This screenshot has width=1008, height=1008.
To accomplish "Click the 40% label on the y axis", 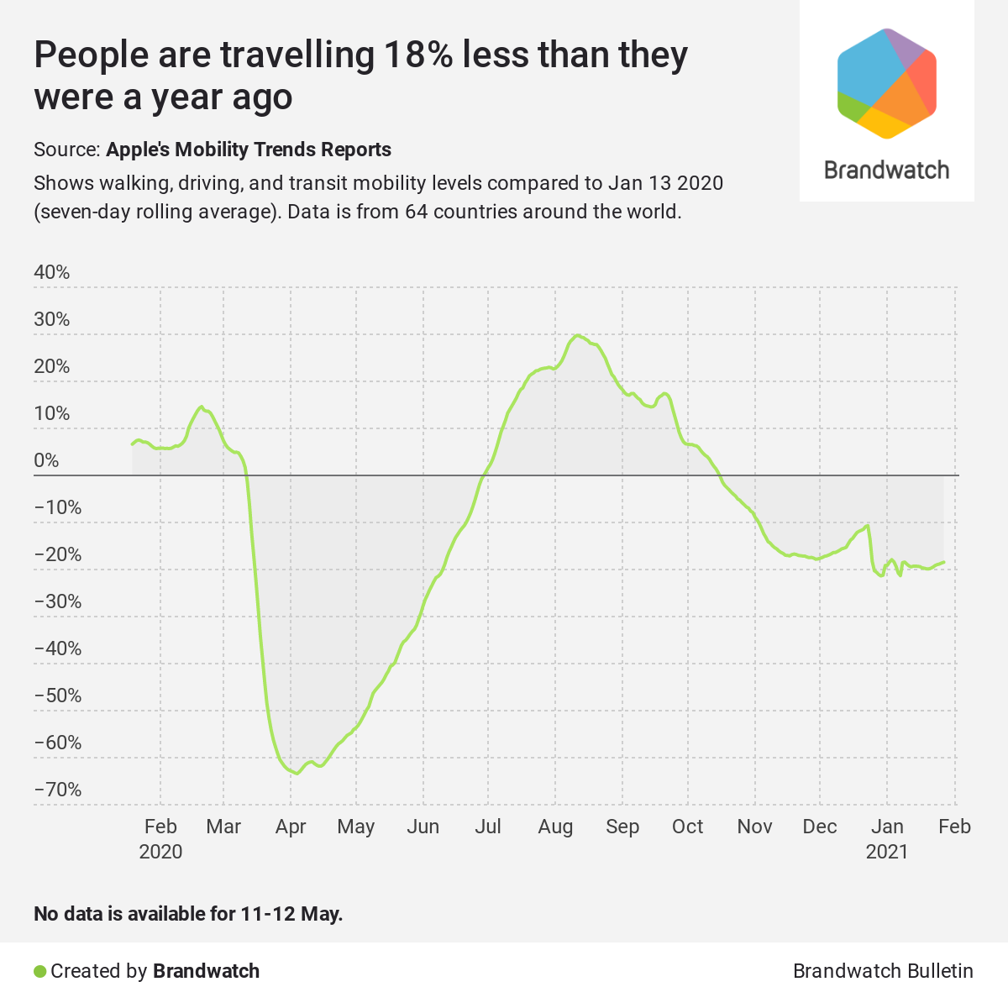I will [51, 272].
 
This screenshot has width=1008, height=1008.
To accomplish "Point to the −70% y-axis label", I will [58, 790].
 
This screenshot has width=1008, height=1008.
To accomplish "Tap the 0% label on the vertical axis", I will [47, 460].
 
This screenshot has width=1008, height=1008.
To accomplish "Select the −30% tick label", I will [58, 601].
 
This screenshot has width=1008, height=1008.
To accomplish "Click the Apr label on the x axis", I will [291, 827].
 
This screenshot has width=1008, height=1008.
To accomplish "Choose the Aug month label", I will [555, 827].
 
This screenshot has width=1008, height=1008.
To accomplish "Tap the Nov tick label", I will [754, 827].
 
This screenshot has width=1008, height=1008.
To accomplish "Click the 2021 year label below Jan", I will [887, 852].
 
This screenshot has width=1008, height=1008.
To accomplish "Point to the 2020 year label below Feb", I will [160, 852].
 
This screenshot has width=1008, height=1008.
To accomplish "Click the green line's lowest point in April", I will [297, 774].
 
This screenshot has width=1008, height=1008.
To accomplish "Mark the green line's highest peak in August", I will [577, 336].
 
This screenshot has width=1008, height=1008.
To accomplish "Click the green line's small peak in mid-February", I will [201, 407].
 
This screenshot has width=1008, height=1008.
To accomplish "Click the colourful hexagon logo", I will [887, 83].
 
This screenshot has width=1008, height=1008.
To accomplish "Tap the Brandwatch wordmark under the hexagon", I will [887, 170].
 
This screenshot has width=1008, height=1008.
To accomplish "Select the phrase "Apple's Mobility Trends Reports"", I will [249, 150].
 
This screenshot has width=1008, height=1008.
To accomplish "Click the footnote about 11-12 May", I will [188, 913].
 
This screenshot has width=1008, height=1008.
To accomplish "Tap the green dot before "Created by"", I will [39, 972].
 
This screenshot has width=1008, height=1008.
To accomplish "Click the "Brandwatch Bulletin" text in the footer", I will [883, 971].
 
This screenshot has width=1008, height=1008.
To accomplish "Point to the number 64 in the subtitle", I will [417, 211].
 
